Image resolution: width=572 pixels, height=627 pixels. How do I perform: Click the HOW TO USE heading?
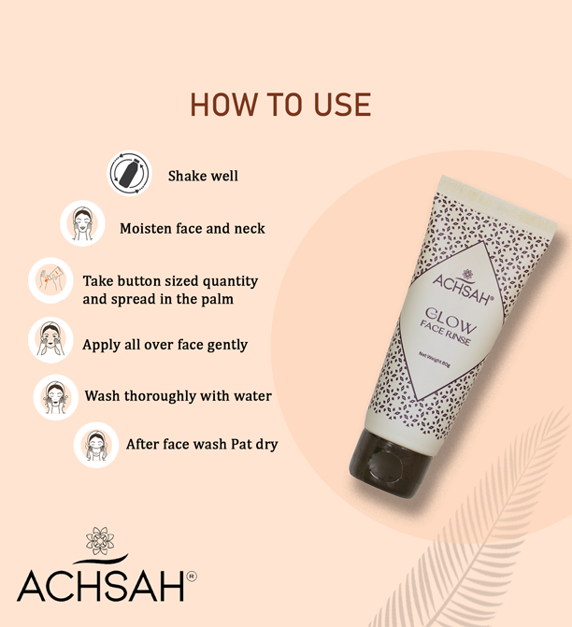click(280, 105)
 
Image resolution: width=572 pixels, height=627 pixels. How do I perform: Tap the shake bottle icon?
click(130, 174)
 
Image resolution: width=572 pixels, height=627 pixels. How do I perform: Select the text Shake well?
click(203, 176)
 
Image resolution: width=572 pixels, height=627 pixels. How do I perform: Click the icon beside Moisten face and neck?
click(83, 223)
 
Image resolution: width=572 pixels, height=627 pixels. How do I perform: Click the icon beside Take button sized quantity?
click(50, 280)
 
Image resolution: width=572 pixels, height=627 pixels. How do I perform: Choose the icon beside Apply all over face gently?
click(50, 340)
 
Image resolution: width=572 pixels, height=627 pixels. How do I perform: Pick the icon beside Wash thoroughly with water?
click(56, 397)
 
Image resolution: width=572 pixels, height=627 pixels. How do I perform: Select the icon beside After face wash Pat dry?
click(96, 445)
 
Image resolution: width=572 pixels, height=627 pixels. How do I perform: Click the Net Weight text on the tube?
click(435, 359)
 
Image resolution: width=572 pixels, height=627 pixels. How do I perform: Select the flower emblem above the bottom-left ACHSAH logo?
click(100, 541)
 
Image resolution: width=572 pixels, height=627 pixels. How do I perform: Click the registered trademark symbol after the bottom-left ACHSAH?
click(192, 577)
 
